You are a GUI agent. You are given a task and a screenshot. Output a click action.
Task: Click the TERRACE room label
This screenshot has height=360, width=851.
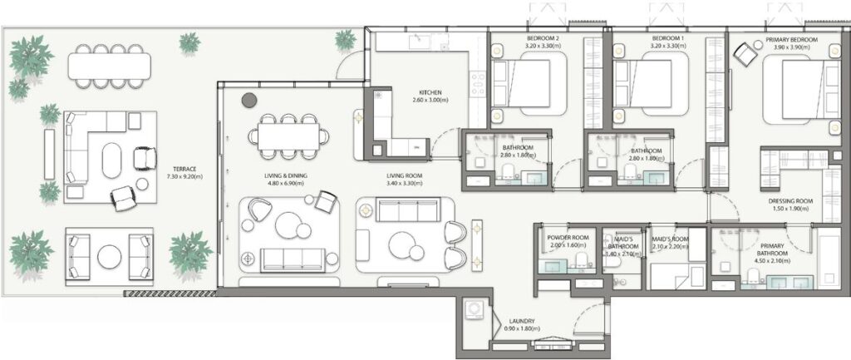click(180, 168)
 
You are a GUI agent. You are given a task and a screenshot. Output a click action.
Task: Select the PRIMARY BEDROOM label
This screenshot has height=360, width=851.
click(790, 40)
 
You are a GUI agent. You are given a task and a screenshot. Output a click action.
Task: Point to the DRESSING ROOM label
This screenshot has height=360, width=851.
click(789, 201)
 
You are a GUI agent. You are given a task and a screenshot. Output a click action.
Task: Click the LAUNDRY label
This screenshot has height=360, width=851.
click(521, 322)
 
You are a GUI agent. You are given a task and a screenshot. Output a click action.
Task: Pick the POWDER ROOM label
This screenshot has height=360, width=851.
click(568, 238)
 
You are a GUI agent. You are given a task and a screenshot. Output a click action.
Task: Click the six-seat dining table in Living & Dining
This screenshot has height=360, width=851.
click(288, 134)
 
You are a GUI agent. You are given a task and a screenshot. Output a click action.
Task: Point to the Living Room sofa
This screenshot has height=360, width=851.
click(407, 210)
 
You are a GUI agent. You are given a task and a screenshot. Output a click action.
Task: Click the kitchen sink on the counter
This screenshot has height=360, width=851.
click(416, 42)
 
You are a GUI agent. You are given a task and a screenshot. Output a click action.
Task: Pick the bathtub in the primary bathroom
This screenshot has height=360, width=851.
click(829, 257)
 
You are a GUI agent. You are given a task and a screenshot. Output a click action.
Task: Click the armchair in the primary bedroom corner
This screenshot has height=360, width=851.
click(745, 53)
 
